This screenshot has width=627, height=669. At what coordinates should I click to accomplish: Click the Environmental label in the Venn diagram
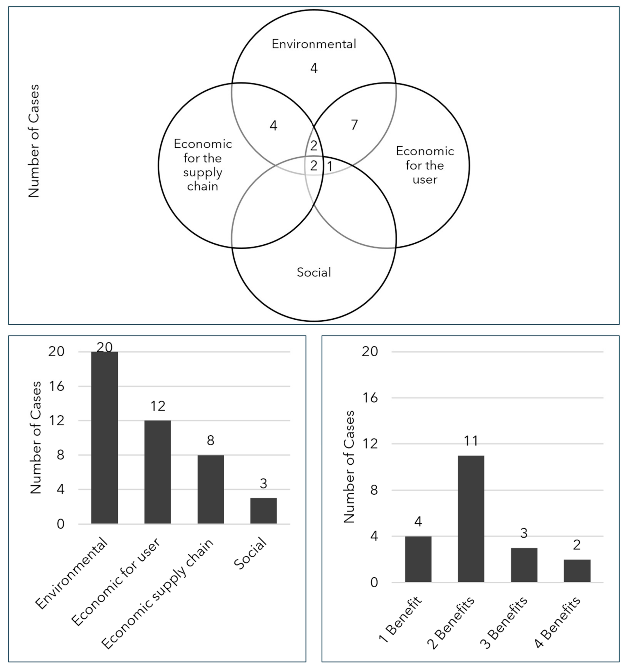(314, 44)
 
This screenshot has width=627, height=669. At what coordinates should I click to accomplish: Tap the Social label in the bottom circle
(314, 272)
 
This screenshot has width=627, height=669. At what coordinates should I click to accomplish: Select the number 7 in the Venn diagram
(354, 125)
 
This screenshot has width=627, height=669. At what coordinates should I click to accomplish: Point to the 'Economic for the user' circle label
(425, 165)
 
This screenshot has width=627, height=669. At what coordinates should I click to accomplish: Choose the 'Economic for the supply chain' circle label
(203, 165)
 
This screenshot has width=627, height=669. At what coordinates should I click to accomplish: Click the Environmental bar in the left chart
(105, 437)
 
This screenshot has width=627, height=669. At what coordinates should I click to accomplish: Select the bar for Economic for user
(158, 472)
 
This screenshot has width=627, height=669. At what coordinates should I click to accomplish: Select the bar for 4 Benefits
(577, 571)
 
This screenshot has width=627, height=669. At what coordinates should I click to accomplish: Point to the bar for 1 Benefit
(418, 559)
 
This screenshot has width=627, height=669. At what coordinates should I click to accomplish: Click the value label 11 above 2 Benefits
(471, 441)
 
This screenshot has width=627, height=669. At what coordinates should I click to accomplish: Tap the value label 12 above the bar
(158, 406)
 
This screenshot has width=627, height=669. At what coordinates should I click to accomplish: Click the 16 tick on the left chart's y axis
(56, 386)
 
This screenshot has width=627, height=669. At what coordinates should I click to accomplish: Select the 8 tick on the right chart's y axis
(374, 490)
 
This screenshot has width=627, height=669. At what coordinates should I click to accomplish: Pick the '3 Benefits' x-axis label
(504, 622)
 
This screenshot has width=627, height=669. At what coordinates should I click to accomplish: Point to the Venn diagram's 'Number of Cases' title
(34, 141)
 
